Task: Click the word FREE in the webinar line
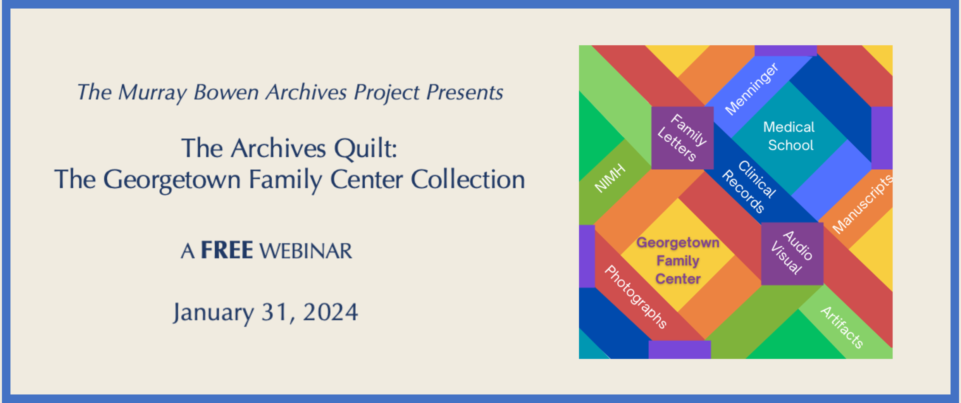[227, 250]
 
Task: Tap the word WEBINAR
[306, 251]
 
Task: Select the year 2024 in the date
[330, 312]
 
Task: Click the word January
[213, 313]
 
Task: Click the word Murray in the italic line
[153, 93]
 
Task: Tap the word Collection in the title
[468, 179]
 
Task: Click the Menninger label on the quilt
[751, 89]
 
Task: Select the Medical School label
[789, 136]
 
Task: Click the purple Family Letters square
[682, 138]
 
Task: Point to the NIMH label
[610, 178]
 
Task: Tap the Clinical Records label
[749, 186]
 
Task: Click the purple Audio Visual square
[792, 254]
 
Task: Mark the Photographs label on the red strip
[636, 297]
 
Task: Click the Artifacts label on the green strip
[842, 327]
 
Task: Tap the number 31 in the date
[276, 312]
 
